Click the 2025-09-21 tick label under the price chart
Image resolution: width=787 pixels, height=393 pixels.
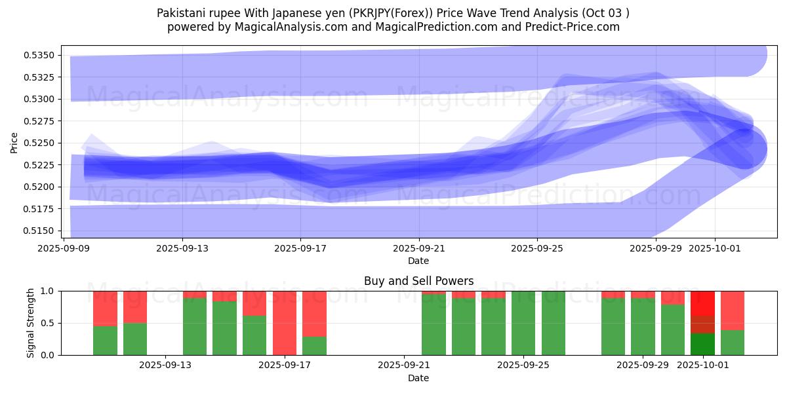tap(418, 248)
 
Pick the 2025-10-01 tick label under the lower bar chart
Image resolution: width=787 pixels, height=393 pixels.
tap(702, 365)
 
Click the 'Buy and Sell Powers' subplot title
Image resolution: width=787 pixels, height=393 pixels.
tap(418, 281)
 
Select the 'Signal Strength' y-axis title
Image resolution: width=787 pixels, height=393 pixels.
tap(31, 323)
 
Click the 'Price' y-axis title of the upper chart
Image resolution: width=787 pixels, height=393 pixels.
tap(14, 142)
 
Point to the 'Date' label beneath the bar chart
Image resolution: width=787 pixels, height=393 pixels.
tap(418, 378)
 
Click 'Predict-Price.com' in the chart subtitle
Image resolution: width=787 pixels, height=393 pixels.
tap(575, 27)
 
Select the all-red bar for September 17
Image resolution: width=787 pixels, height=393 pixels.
tap(285, 323)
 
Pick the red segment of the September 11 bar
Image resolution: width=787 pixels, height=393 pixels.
tap(105, 308)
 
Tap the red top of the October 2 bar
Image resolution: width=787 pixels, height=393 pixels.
tap(733, 310)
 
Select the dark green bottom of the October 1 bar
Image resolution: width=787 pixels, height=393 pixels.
tap(702, 345)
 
